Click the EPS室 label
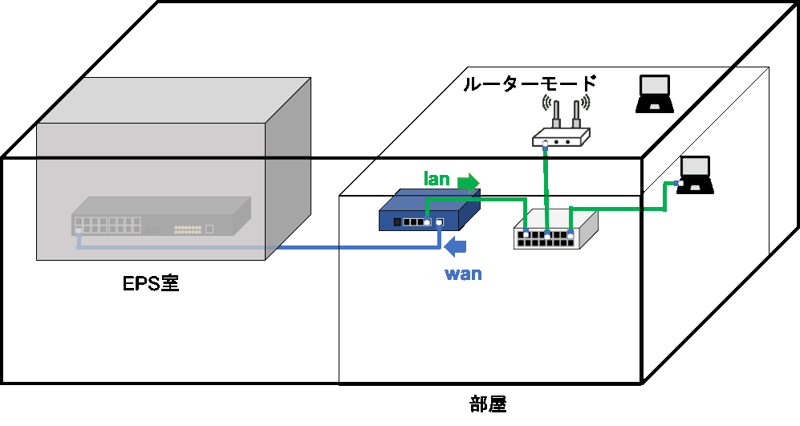[x=151, y=283]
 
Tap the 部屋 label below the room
[x=488, y=404]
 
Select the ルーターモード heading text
[x=530, y=83]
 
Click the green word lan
[x=437, y=179]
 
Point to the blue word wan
[x=463, y=274]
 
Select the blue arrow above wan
[x=455, y=247]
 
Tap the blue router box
[x=429, y=209]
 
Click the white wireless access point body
[x=561, y=138]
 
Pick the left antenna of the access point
[x=556, y=114]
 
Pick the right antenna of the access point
[x=576, y=114]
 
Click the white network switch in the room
[x=555, y=229]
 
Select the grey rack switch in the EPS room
[x=161, y=217]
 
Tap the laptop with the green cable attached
[x=696, y=175]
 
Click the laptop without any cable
[x=655, y=94]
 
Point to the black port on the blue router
[x=397, y=222]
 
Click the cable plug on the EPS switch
[x=78, y=231]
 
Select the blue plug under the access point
[x=545, y=145]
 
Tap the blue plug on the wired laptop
[x=678, y=183]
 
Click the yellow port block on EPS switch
[x=188, y=229]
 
